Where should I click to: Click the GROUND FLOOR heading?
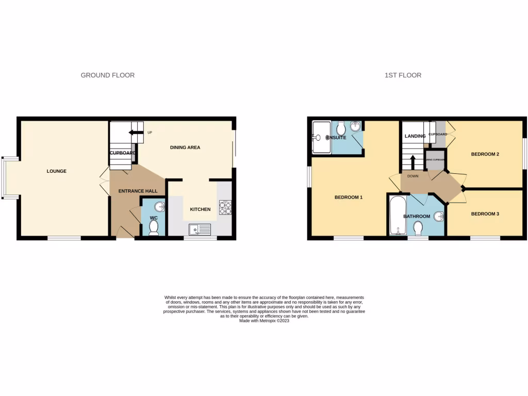107,75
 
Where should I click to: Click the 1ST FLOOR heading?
403,75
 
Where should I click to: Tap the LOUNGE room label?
57,171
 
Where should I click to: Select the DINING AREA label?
185,147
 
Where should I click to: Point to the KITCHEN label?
200,209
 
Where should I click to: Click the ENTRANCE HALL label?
138,191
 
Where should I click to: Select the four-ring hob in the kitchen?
225,207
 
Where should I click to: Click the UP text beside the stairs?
150,133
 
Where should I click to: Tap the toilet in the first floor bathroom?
418,227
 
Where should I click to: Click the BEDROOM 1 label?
349,197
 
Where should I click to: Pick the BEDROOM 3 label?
485,213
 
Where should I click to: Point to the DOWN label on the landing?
412,176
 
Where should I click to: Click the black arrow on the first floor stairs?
412,160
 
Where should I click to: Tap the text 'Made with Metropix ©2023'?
264,321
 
